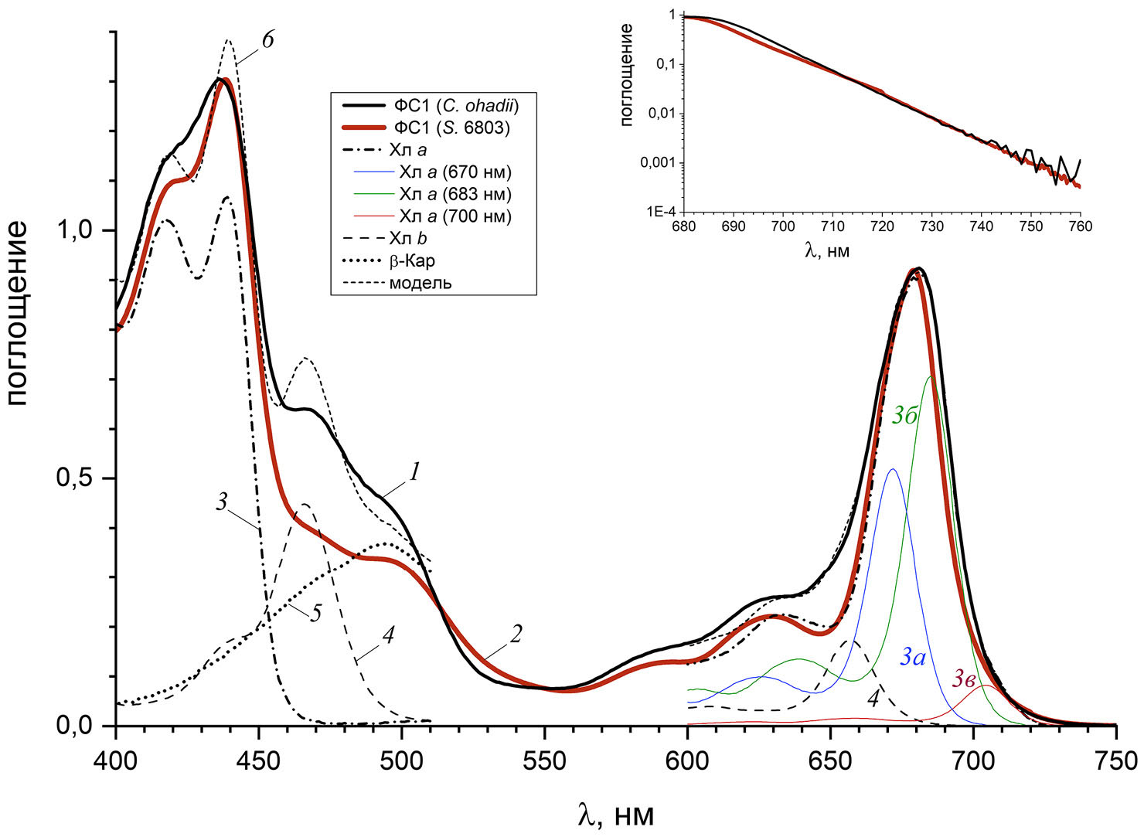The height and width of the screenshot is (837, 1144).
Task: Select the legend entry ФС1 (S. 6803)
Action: coord(451,128)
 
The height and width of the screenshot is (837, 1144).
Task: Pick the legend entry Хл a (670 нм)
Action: coord(455,172)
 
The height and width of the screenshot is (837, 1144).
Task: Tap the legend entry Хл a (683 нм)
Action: coord(455,194)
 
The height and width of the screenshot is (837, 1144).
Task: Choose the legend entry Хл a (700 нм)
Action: coord(455,216)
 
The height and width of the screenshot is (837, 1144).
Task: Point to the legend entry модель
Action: coord(420,283)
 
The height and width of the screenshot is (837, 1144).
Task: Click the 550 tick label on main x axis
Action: coord(544,760)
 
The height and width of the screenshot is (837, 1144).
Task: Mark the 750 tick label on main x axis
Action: coord(1115,760)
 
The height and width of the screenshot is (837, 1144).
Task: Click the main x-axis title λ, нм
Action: coord(615,814)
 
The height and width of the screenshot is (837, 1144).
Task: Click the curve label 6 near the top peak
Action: coord(267,40)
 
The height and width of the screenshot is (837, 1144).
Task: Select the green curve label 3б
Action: coord(905,416)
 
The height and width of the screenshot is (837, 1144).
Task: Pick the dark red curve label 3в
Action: coord(963,679)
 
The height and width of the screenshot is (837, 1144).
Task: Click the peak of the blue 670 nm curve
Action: coord(893,469)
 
